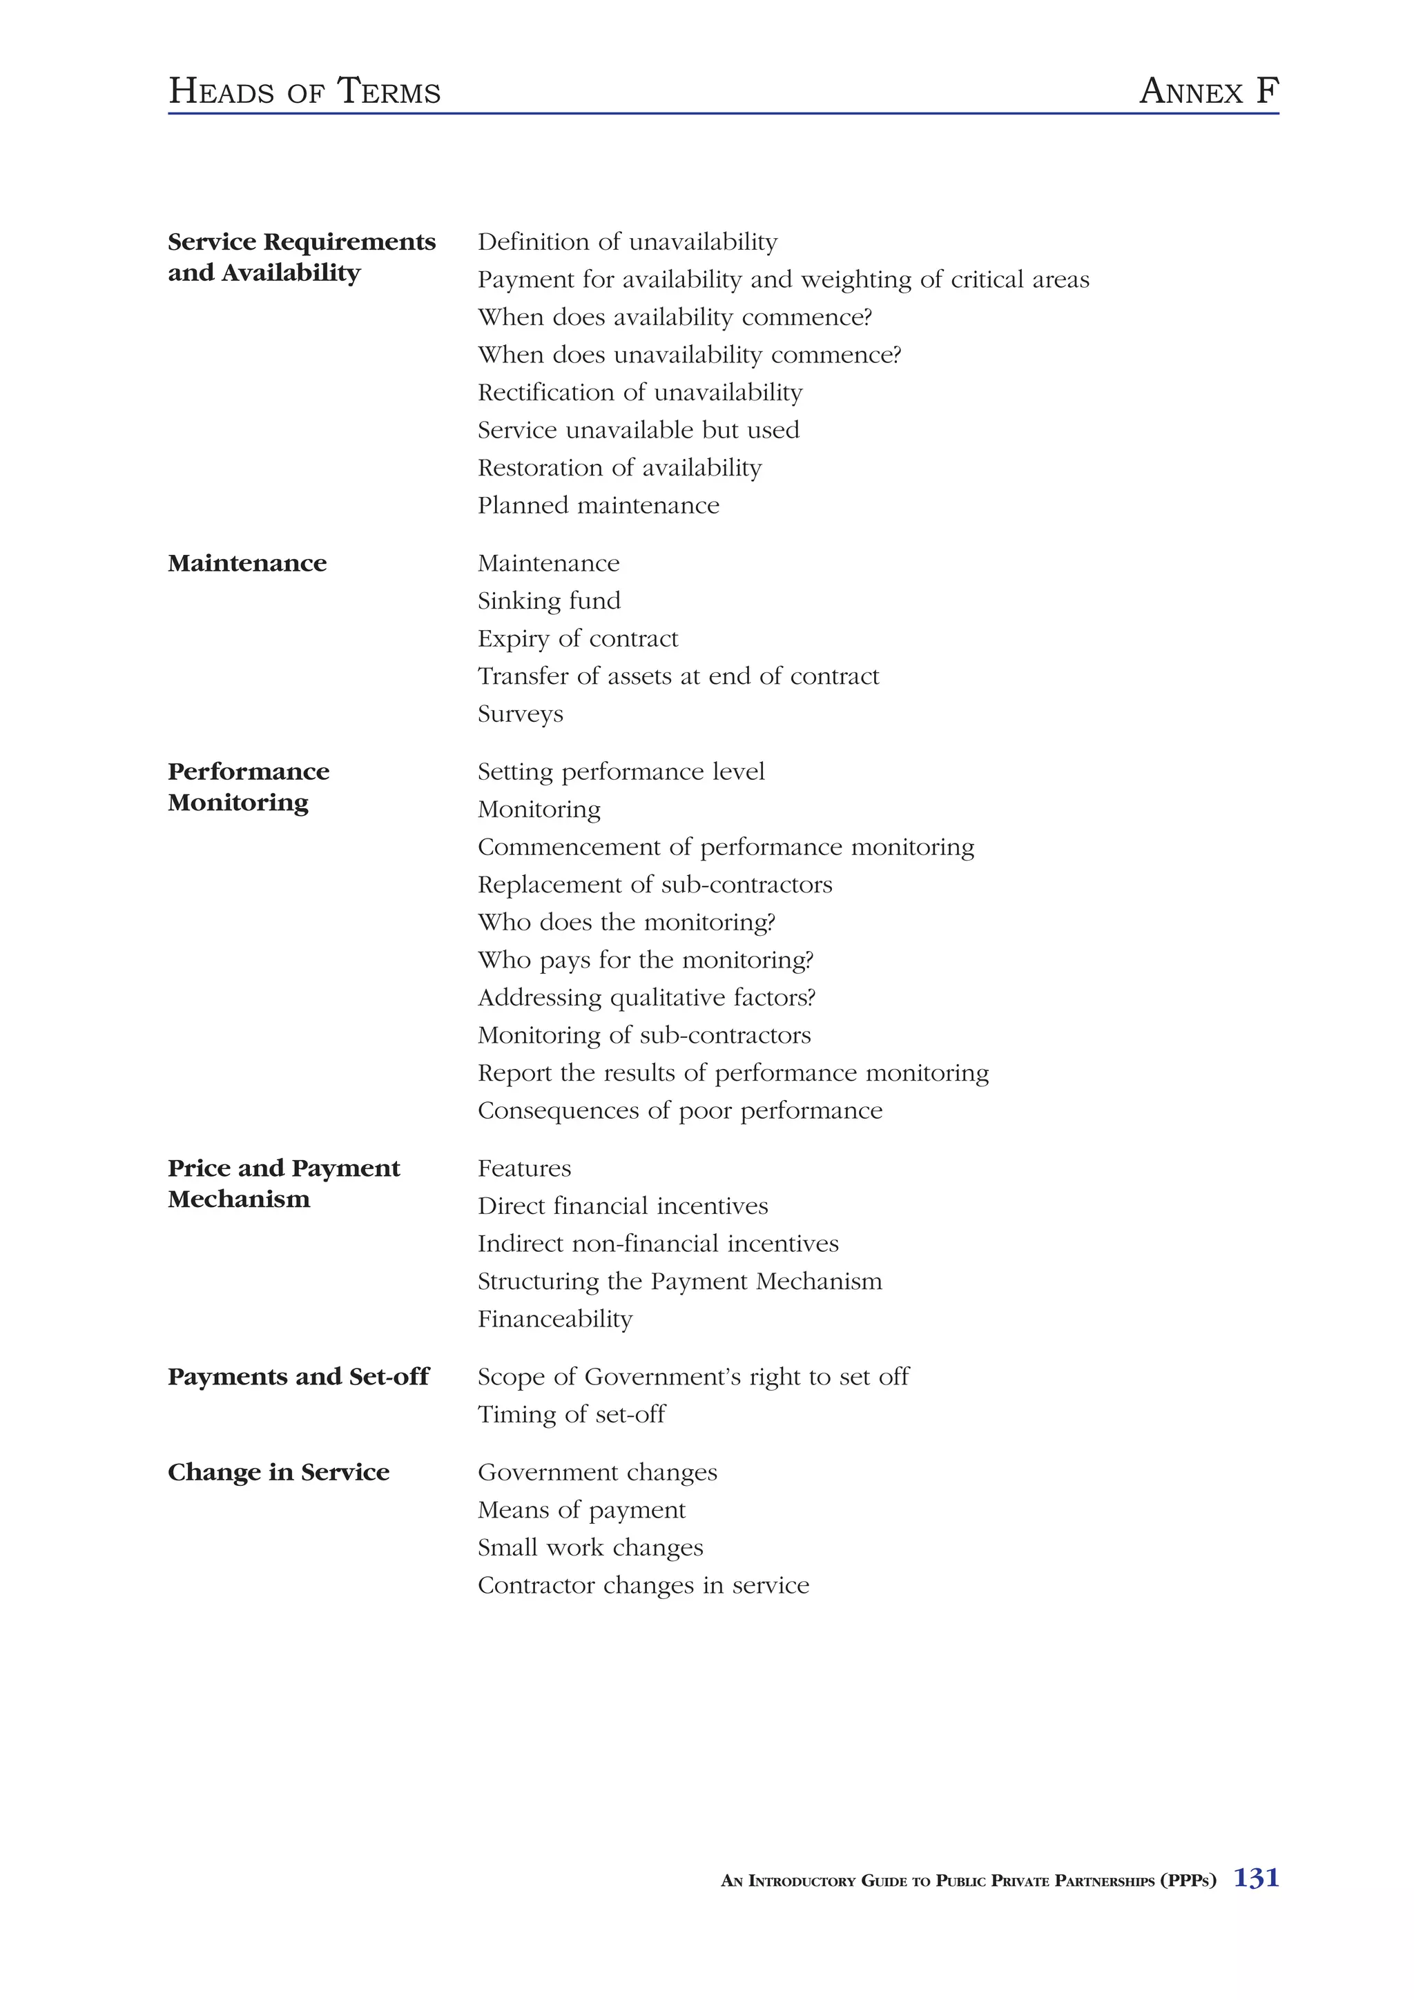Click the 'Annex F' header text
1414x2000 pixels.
(1208, 90)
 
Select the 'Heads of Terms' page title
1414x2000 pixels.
(304, 90)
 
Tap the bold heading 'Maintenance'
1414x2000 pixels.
(247, 564)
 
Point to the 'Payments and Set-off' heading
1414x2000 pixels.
(298, 1378)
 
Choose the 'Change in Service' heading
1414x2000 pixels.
(279, 1472)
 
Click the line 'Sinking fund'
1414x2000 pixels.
(549, 601)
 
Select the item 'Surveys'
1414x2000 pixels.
(520, 714)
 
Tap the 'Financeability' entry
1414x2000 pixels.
(555, 1319)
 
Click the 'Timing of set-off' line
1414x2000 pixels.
(571, 1415)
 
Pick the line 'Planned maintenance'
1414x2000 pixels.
(599, 505)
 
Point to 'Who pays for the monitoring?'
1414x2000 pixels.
(645, 960)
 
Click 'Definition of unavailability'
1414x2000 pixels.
(628, 242)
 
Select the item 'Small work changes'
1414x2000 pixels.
(590, 1548)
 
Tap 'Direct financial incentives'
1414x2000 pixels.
(623, 1206)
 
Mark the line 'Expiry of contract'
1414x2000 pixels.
(578, 638)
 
